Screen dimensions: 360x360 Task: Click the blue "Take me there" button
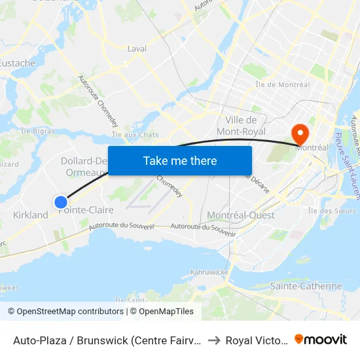179,160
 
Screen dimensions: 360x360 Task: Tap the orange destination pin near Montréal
300,134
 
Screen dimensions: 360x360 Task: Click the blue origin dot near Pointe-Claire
61,202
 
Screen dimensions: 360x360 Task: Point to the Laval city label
137,48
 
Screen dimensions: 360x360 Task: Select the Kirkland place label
30,215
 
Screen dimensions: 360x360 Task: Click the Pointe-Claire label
86,210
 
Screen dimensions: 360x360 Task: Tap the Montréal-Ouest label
240,215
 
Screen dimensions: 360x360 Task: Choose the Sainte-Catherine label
306,286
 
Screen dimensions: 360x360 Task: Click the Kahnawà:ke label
209,272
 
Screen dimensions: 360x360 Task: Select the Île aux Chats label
136,135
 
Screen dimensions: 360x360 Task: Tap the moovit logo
321,340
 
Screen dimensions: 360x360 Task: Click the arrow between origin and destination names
213,340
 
